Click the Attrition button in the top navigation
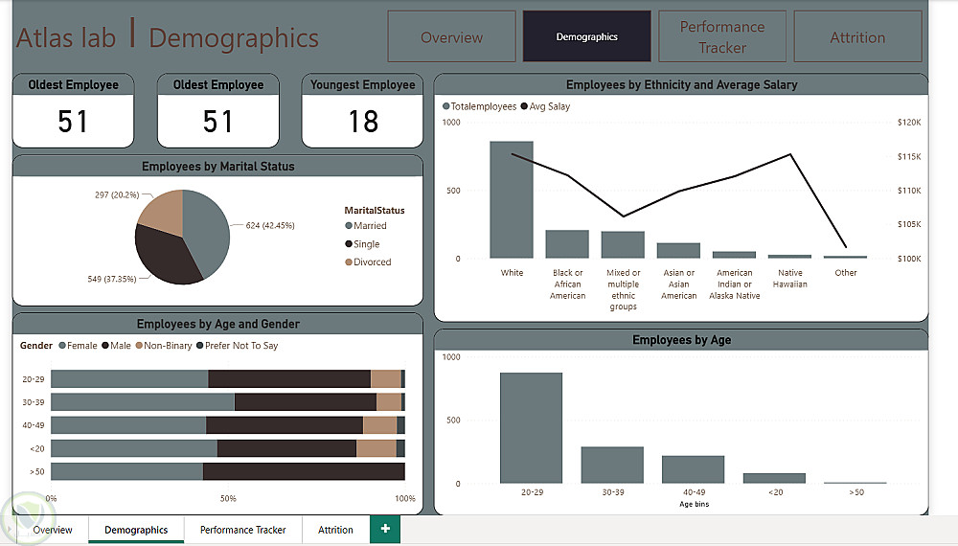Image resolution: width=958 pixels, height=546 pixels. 857,37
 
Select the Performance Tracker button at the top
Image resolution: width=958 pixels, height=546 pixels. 722,37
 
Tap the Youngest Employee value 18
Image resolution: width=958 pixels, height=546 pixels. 363,122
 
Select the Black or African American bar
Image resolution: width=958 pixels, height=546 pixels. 567,244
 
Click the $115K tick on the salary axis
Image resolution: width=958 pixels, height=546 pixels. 908,156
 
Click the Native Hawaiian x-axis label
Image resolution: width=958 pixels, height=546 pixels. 790,279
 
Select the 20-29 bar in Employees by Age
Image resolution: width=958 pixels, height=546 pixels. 531,428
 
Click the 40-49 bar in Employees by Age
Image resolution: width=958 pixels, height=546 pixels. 693,469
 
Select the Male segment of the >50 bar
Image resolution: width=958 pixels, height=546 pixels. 303,471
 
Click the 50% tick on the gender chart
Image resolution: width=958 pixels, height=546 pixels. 228,498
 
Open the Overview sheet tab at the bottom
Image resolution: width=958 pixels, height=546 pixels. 52,530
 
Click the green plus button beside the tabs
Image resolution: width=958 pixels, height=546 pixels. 385,530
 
